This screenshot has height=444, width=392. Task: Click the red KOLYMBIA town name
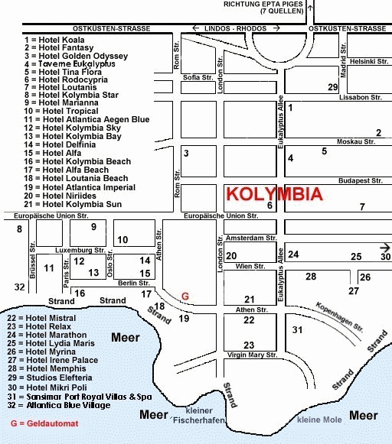274,194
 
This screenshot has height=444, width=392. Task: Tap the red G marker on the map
185,297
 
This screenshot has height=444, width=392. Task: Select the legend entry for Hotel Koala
54,40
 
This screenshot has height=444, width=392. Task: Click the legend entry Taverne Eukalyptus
70,63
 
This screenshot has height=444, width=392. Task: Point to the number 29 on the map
333,87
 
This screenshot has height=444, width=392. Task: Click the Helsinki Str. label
369,61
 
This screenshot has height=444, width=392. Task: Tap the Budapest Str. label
361,180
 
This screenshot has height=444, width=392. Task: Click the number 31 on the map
297,329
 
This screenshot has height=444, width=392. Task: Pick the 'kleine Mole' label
319,420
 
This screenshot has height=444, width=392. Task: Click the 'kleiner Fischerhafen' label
199,416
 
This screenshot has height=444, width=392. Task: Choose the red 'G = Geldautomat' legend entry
44,423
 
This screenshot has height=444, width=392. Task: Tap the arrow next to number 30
385,248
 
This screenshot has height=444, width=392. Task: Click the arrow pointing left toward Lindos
196,28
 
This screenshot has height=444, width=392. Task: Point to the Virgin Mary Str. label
252,355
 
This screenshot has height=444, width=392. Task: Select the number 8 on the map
19,228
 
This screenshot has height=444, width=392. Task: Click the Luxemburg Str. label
80,251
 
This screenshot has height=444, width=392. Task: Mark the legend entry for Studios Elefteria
50,378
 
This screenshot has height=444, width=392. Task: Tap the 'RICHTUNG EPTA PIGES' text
263,5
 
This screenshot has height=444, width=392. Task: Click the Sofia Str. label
198,77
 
